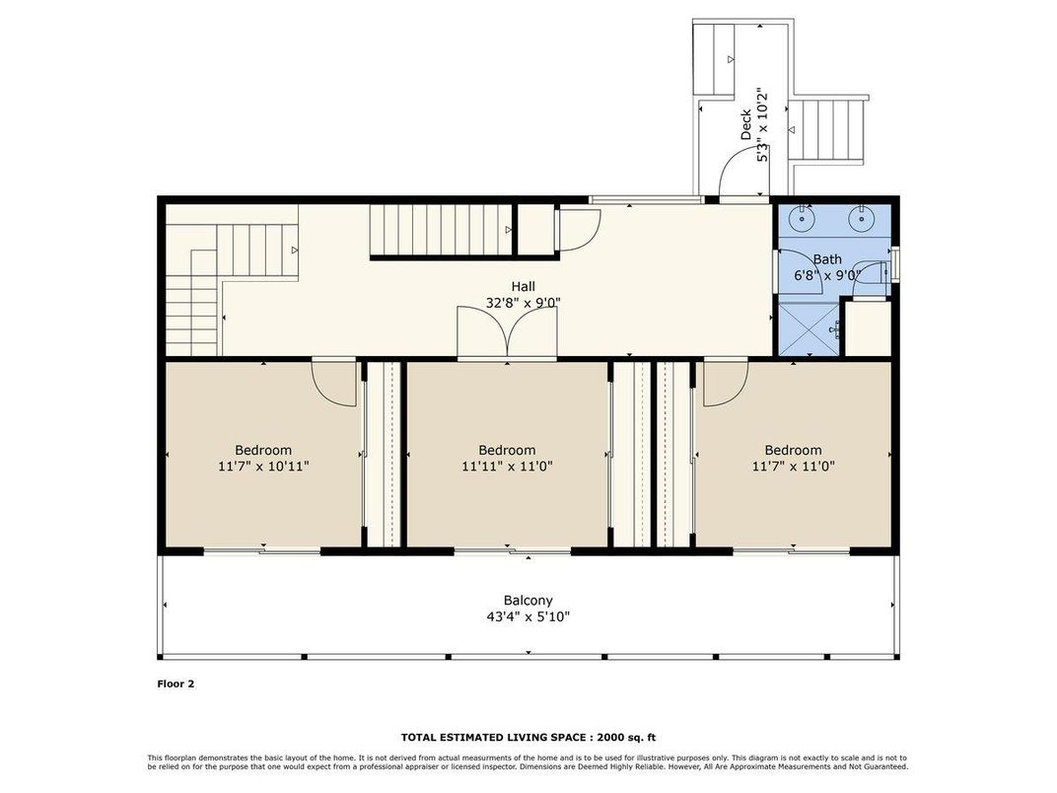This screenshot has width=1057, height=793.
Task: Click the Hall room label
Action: pyautogui.click(x=524, y=287)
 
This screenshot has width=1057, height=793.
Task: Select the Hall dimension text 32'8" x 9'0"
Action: pyautogui.click(x=524, y=303)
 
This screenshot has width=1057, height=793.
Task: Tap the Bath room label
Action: pyautogui.click(x=827, y=259)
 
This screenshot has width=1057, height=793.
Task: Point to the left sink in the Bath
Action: pyautogui.click(x=803, y=218)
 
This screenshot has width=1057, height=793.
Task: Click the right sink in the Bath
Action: pyautogui.click(x=861, y=218)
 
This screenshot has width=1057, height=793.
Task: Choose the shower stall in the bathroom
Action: pyautogui.click(x=809, y=328)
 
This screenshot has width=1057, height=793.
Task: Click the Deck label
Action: pyautogui.click(x=745, y=124)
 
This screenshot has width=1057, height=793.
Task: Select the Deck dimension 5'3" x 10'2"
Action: pyautogui.click(x=762, y=124)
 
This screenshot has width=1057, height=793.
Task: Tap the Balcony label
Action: pyautogui.click(x=528, y=600)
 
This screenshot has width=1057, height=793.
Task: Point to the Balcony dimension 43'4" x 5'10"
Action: pyautogui.click(x=528, y=616)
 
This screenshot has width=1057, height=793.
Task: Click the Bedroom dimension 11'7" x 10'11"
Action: pyautogui.click(x=263, y=466)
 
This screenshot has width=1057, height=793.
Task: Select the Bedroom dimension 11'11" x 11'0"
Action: pyautogui.click(x=507, y=466)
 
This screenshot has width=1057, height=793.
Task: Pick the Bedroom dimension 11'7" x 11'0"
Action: pyautogui.click(x=794, y=466)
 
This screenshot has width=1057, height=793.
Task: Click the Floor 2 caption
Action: pyautogui.click(x=176, y=684)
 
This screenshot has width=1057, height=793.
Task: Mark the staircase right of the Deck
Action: pyautogui.click(x=828, y=130)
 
